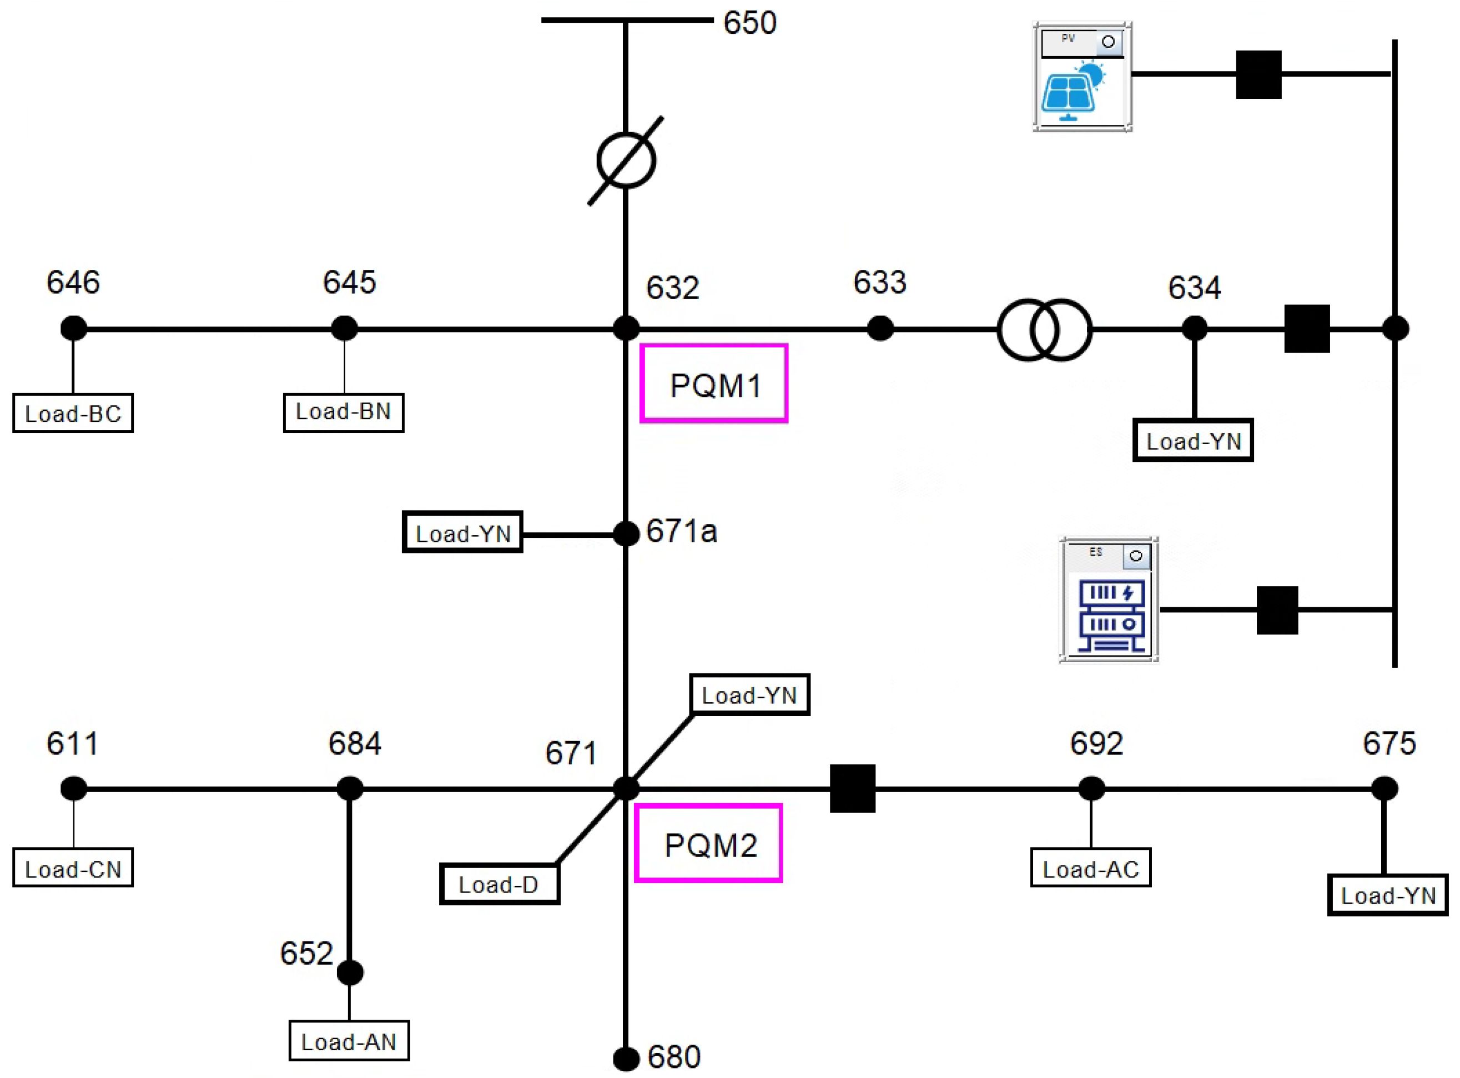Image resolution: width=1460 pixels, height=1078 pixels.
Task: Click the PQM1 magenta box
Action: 713,384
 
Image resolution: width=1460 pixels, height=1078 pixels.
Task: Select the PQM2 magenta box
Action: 708,843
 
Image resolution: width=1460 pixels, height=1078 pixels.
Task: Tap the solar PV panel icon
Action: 1082,77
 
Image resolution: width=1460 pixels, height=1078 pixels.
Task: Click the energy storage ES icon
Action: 1108,600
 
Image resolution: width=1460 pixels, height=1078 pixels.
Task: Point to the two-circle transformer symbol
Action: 1044,330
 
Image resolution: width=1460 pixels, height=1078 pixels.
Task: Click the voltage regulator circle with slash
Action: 626,160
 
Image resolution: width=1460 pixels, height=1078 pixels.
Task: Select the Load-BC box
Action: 73,413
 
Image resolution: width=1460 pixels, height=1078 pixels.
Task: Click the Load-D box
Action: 499,884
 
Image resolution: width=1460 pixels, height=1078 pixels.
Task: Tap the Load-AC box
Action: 1091,868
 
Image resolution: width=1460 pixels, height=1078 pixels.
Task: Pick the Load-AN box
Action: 349,1041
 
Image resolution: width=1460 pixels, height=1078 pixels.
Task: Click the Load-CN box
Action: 73,868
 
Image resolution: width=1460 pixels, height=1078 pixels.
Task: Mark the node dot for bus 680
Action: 626,1059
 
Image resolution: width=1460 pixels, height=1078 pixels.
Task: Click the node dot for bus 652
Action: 350,973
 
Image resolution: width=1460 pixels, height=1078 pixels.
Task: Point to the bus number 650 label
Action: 749,23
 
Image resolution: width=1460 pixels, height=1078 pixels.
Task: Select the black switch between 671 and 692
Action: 852,788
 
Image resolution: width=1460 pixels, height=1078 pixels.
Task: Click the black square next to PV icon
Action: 1258,74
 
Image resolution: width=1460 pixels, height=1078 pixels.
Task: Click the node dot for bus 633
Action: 880,328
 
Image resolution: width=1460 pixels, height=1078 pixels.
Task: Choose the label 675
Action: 1389,744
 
